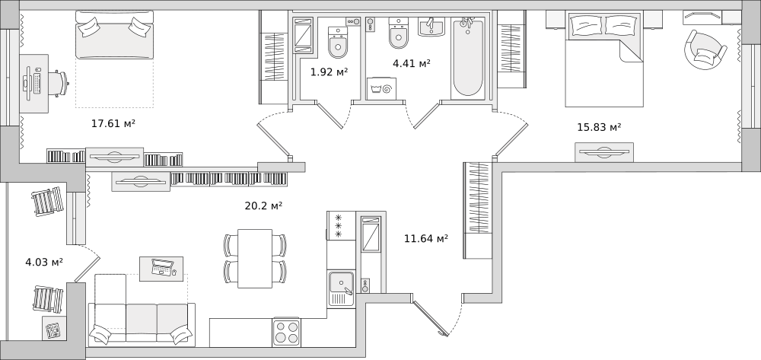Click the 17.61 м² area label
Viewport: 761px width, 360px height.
(113, 124)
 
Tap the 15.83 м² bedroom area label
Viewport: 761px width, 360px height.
(599, 128)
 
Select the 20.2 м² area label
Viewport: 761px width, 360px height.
(263, 205)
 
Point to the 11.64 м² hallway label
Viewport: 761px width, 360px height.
(425, 238)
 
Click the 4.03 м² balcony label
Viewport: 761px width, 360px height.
(44, 263)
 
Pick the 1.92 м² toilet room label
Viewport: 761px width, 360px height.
(329, 72)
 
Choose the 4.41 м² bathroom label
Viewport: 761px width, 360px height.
(412, 63)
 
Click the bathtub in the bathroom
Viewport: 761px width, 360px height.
(468, 58)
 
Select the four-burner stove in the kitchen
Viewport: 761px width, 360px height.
(286, 333)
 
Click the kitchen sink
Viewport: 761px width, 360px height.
(341, 288)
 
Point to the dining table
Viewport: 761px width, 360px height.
(255, 258)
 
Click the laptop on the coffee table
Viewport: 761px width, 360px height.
(161, 267)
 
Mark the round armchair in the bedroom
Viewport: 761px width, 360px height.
(705, 49)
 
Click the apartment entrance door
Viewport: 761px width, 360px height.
(430, 318)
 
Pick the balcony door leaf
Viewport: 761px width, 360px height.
(88, 269)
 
